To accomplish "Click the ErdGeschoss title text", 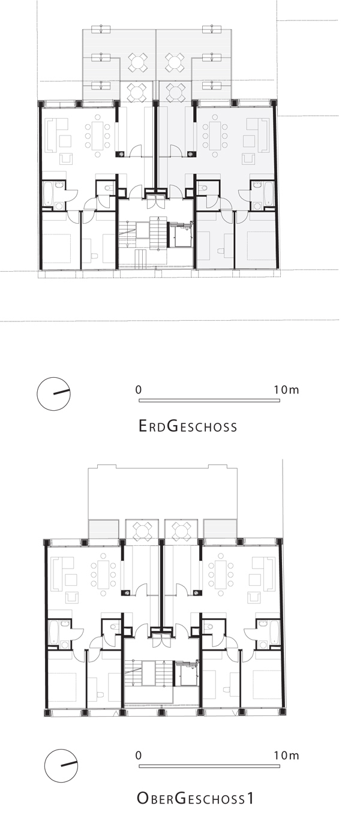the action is point(187,426).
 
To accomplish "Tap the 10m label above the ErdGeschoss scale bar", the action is point(286,390).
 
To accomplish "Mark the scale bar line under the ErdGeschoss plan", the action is point(209,401).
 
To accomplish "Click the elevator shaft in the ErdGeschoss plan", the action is point(180,234).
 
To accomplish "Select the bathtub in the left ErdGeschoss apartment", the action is point(48,193).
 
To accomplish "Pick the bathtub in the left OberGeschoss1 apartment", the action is point(54,632).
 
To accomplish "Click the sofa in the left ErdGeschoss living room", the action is point(52,135).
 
